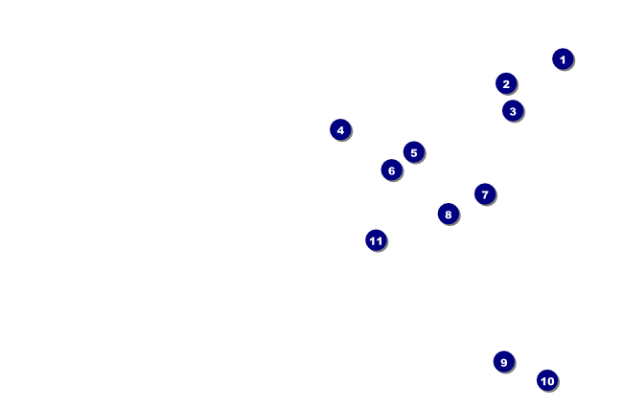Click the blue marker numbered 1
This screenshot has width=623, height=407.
click(x=563, y=59)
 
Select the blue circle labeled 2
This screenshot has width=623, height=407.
click(x=506, y=83)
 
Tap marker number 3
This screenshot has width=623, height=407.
click(x=513, y=111)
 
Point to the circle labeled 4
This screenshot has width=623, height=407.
click(x=340, y=129)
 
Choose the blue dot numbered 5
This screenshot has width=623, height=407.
click(x=413, y=152)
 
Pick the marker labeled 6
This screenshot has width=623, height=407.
click(x=391, y=170)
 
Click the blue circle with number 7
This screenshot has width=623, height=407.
click(x=485, y=194)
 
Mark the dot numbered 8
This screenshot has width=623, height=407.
click(x=448, y=214)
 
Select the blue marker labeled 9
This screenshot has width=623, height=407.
click(x=503, y=362)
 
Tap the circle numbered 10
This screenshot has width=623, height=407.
click(x=546, y=380)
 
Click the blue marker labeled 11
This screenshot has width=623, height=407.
click(x=376, y=240)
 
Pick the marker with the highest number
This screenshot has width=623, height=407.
click(x=376, y=240)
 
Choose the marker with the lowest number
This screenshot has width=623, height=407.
click(x=563, y=59)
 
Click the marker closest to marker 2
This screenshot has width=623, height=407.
click(x=513, y=111)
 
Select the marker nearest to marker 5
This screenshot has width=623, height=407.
click(x=391, y=170)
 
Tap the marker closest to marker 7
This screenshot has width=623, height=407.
click(x=448, y=214)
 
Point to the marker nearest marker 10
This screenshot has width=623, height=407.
click(x=503, y=362)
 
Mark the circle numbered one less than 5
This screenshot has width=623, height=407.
click(x=340, y=129)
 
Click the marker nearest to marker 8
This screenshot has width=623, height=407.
click(x=485, y=194)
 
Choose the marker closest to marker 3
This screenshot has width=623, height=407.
click(x=506, y=83)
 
